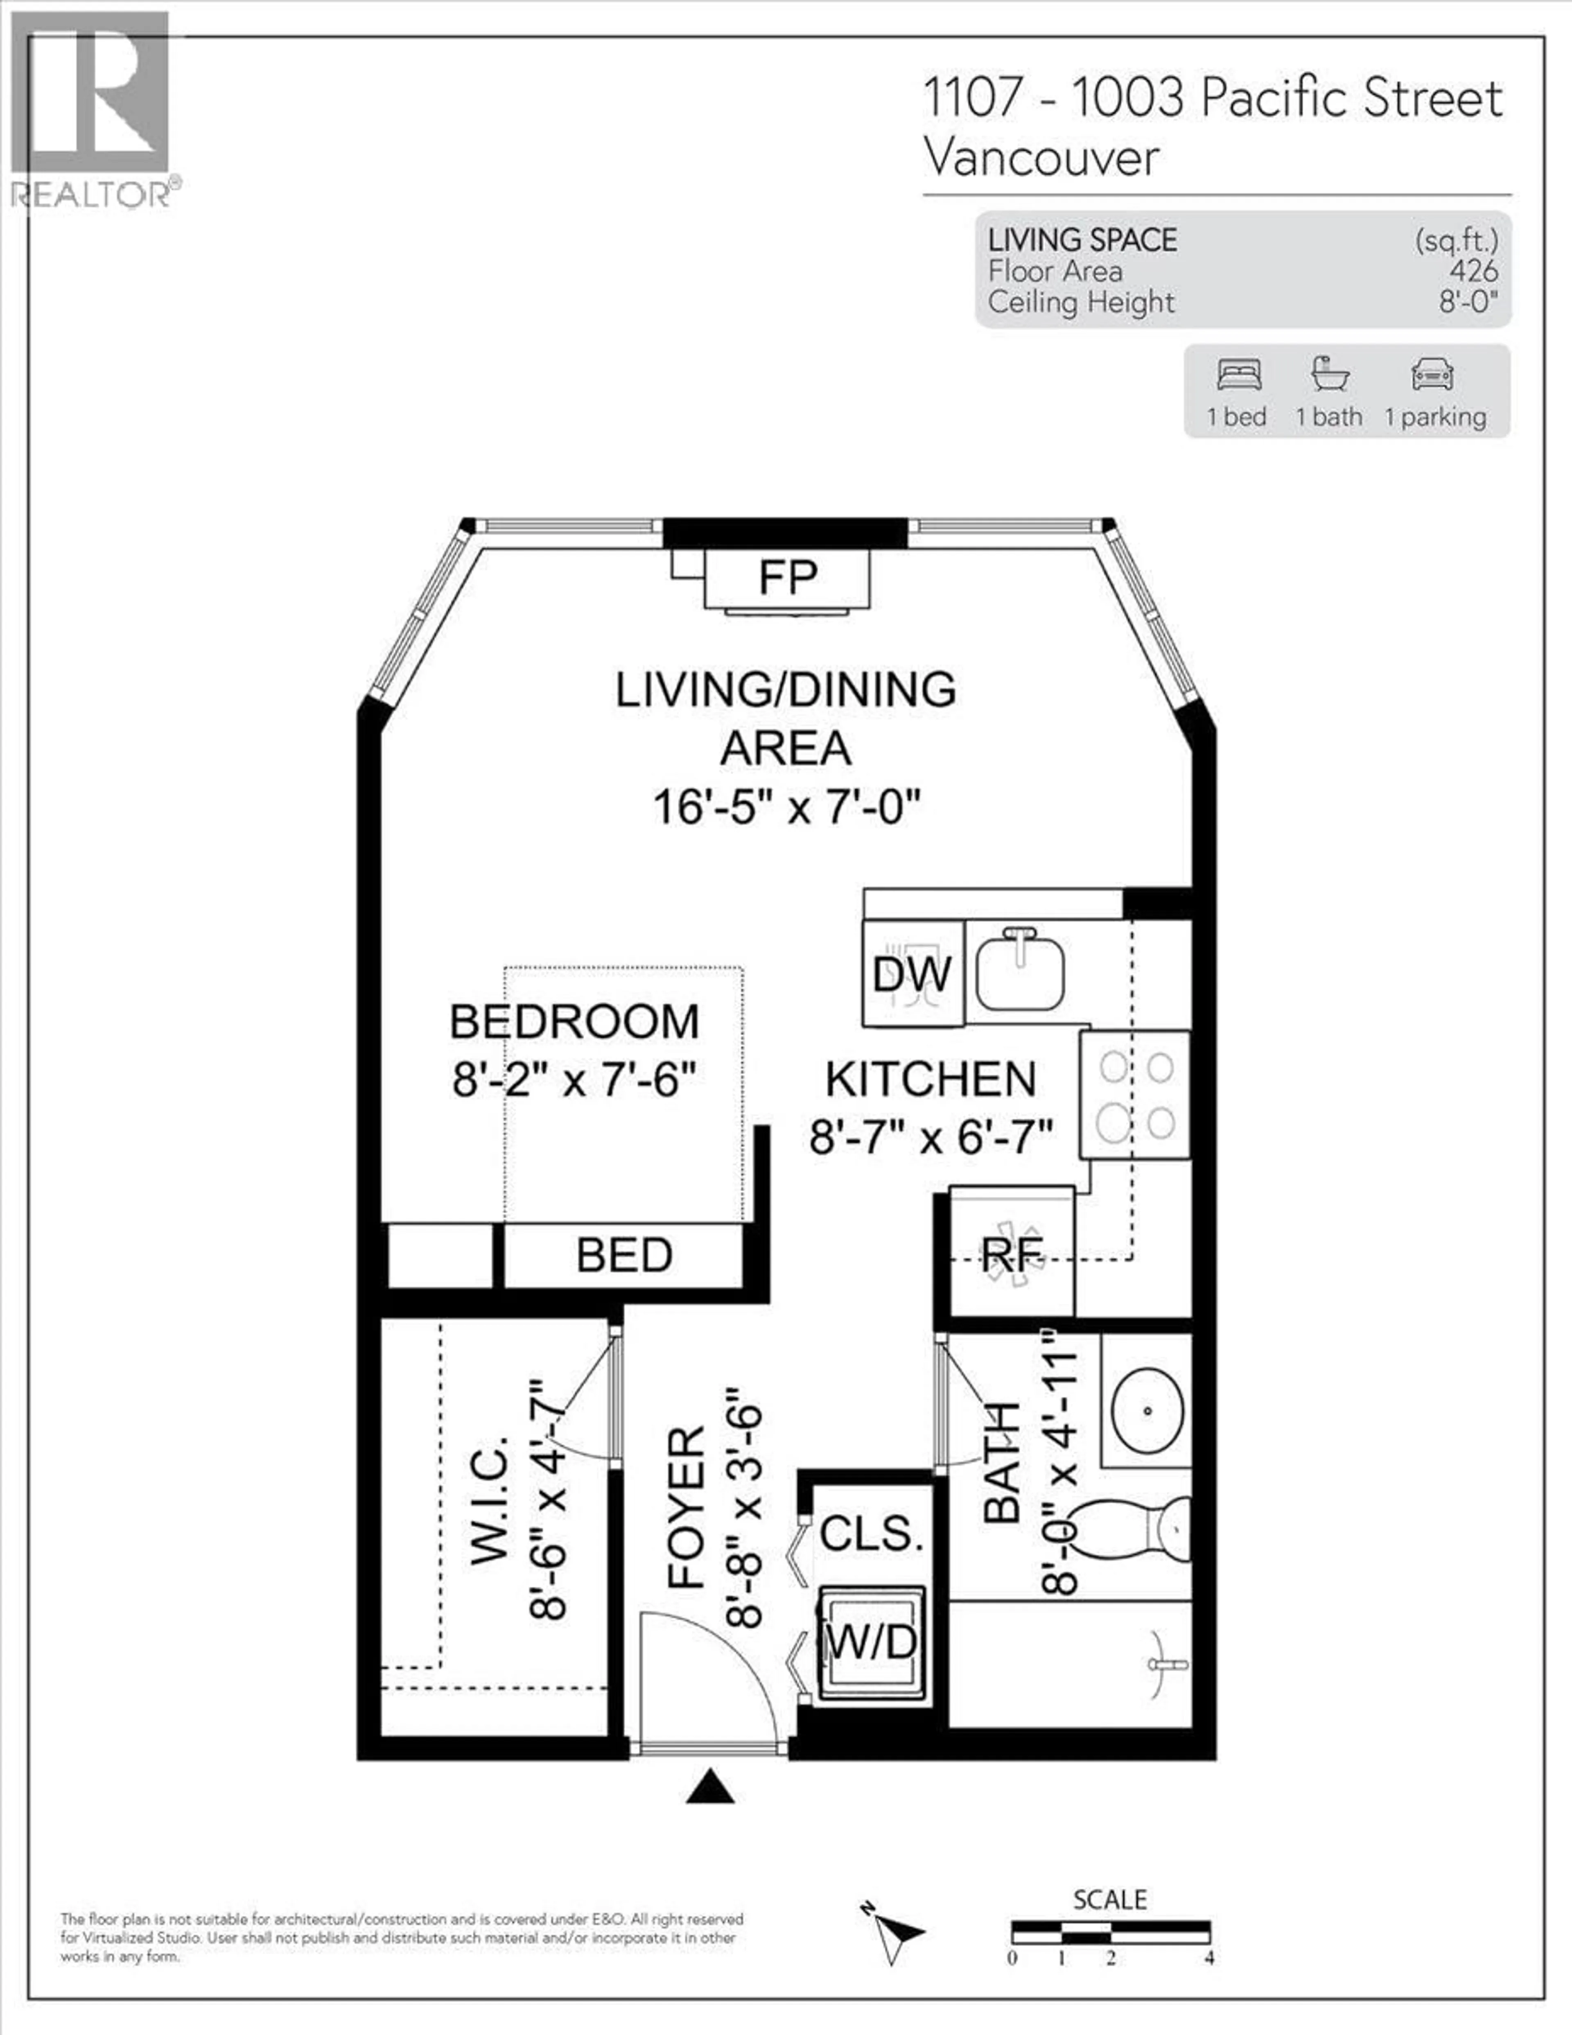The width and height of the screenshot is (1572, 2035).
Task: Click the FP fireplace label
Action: [x=787, y=578]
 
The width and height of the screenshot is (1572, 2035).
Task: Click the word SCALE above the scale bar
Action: [x=1110, y=1899]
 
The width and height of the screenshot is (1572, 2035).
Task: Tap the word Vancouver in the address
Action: [x=1042, y=158]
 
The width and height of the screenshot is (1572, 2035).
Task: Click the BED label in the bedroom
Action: [x=623, y=1255]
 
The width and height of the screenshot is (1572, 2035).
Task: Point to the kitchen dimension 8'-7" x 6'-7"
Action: [x=931, y=1137]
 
